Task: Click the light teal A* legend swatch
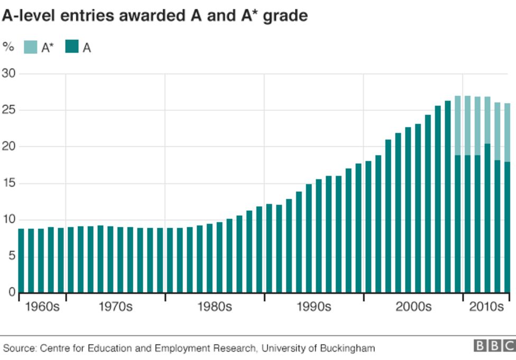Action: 31,47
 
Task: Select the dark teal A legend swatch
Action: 71,47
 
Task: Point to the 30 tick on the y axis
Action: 10,73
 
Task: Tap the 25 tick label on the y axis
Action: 10,110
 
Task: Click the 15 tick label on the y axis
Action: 10,183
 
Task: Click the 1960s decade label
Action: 42,307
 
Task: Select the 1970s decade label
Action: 115,307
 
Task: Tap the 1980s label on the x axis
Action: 215,307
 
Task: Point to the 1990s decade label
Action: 314,307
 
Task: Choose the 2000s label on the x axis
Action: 413,307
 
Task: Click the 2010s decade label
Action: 486,307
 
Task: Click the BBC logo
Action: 494,346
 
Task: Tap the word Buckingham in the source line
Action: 349,348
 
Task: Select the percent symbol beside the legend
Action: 8,47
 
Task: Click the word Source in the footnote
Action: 19,348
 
